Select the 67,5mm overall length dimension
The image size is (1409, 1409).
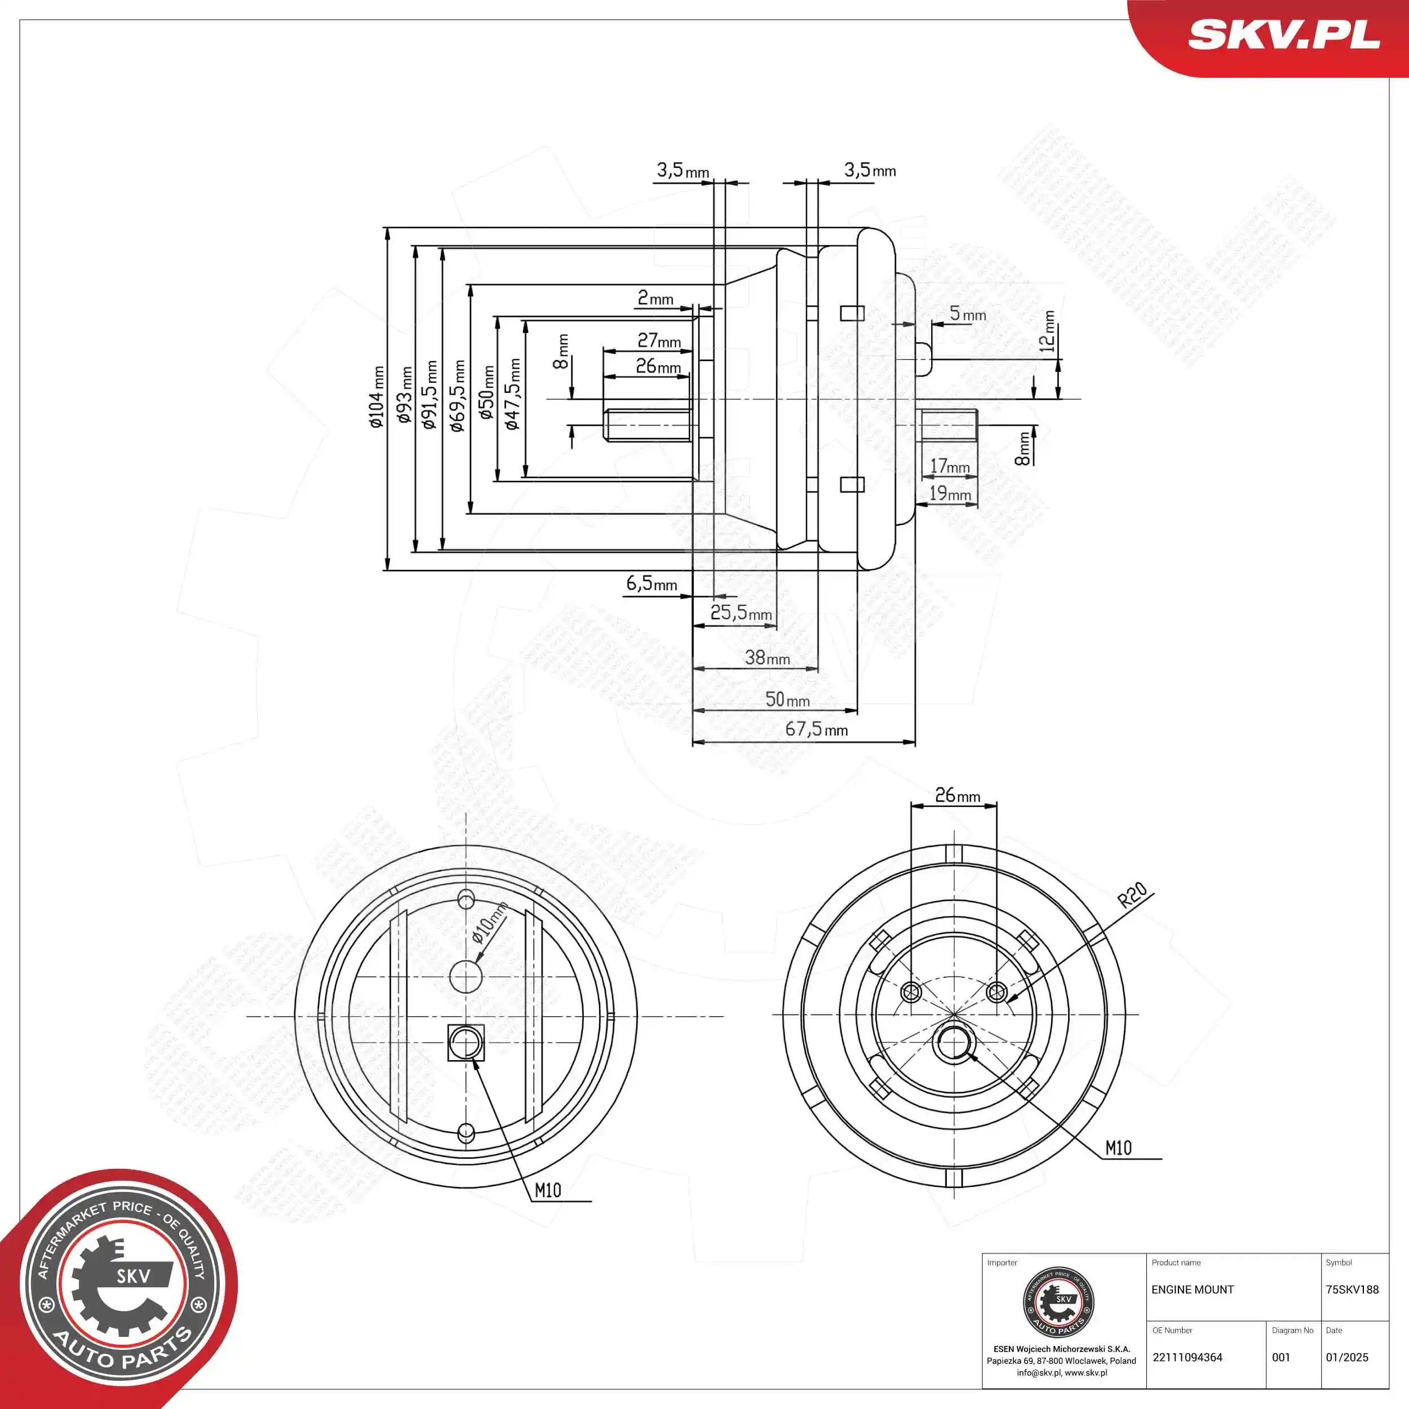[x=816, y=729]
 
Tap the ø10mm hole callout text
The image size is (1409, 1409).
[x=489, y=922]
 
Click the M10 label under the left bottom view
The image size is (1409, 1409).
[x=548, y=1190]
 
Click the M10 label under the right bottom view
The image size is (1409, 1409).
[x=1118, y=1148]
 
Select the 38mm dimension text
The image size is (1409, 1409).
[x=767, y=658]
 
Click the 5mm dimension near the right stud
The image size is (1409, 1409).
[x=968, y=314]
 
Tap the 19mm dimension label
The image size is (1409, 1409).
[x=950, y=494]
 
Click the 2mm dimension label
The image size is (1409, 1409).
[x=655, y=298]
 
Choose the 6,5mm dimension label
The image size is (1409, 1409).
[x=652, y=583]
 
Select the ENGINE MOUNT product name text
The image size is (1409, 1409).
[x=1193, y=1290]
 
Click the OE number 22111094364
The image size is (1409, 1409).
[x=1188, y=1357]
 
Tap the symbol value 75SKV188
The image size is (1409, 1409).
[x=1352, y=1290]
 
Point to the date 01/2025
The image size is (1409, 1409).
[x=1347, y=1357]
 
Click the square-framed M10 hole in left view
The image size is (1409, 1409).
[x=466, y=1043]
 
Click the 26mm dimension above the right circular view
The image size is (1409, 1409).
[x=958, y=796]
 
